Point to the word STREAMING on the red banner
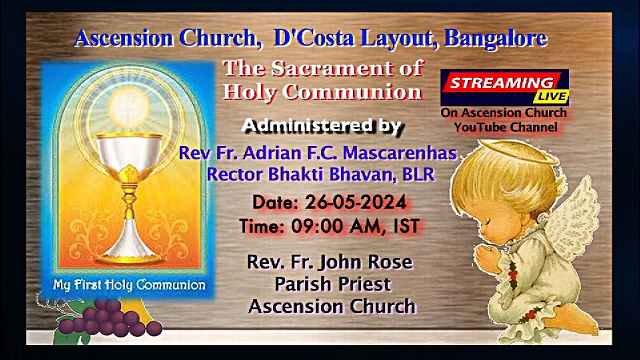501,83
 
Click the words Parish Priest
332,284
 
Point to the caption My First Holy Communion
129,285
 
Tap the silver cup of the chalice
129,150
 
